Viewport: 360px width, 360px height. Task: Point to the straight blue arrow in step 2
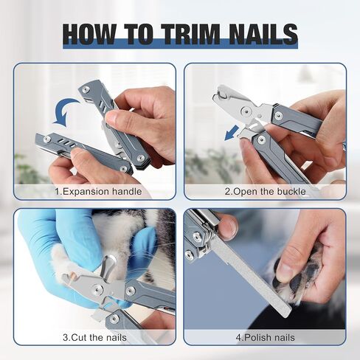click(x=232, y=133)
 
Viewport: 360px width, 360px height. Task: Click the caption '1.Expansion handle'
click(x=98, y=192)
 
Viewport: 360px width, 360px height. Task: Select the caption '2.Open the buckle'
click(x=265, y=192)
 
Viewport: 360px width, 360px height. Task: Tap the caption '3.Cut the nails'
click(x=94, y=337)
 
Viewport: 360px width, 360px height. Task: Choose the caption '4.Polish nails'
click(x=265, y=337)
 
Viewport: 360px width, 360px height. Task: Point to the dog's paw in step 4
click(x=295, y=273)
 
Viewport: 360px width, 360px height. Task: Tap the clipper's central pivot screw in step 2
click(x=246, y=111)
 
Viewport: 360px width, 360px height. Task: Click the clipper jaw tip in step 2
click(x=218, y=94)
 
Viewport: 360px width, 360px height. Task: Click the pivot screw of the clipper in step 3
click(x=97, y=288)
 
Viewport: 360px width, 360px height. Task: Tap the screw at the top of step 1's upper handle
click(x=86, y=90)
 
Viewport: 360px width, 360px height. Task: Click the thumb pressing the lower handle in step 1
click(x=81, y=160)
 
